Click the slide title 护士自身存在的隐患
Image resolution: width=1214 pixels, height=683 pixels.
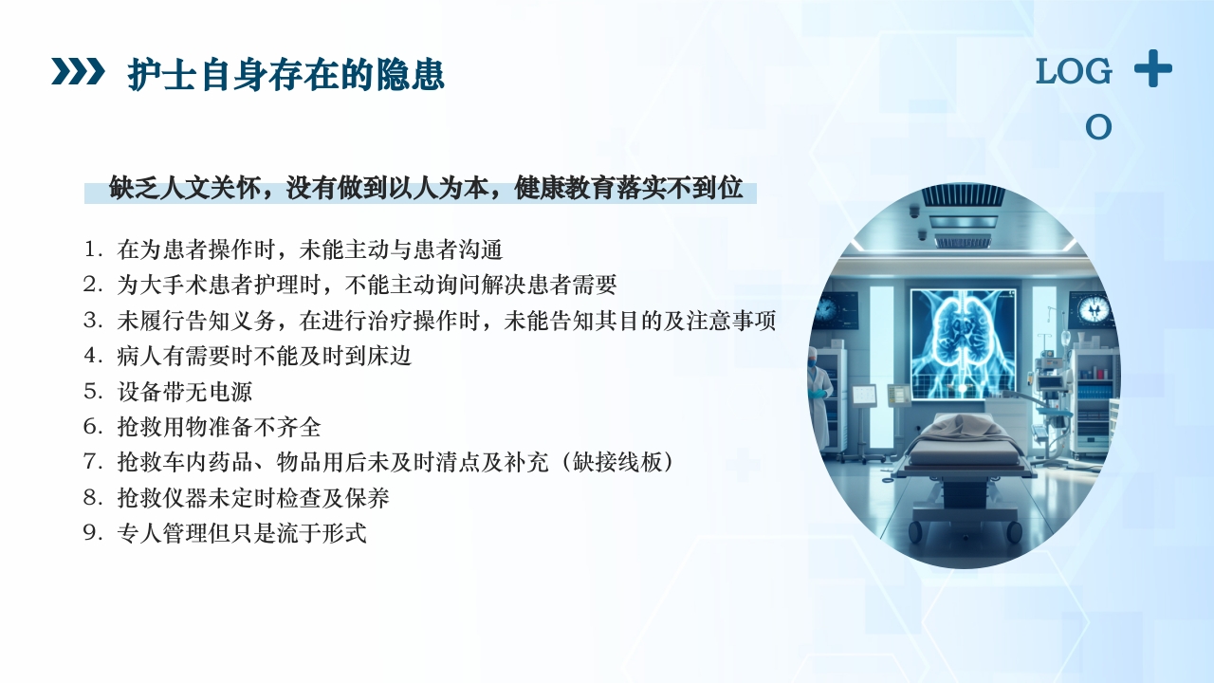point(285,75)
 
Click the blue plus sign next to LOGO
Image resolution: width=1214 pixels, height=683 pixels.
point(1152,69)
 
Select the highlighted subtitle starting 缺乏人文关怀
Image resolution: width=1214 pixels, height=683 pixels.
point(426,189)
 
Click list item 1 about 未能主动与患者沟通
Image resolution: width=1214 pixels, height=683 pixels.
point(309,250)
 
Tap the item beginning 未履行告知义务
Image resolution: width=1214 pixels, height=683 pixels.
point(446,321)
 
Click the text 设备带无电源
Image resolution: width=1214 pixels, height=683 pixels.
point(184,392)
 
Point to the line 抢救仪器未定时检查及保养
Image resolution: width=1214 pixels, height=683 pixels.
point(252,497)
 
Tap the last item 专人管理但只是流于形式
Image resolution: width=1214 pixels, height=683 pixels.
point(241,533)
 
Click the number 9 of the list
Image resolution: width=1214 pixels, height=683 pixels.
point(92,533)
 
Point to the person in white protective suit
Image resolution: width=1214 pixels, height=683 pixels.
point(819,389)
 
